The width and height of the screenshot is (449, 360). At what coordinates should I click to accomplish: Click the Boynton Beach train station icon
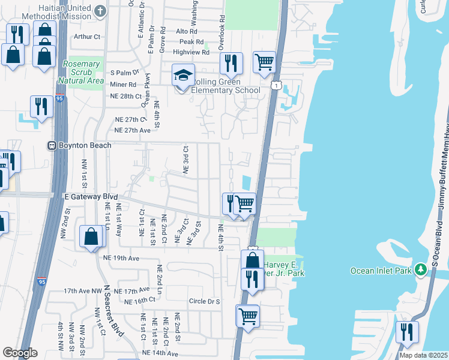point(52,145)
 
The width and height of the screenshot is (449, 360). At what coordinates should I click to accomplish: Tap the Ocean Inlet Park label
point(381,271)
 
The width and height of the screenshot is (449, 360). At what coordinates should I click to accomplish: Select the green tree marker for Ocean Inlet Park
point(423,270)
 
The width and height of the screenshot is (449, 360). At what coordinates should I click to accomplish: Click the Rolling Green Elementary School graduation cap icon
point(184,76)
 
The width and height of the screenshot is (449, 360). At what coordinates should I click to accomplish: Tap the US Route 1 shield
point(276,86)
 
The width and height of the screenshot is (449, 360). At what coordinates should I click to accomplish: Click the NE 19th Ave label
point(121,258)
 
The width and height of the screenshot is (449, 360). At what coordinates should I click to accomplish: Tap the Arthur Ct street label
point(86,37)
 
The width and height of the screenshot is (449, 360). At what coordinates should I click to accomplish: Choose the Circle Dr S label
point(205,301)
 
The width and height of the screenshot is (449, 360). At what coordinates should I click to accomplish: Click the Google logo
point(19,353)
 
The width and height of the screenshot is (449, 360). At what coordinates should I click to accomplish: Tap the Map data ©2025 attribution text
point(423,355)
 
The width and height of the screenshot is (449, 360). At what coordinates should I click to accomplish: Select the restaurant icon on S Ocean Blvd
point(408,332)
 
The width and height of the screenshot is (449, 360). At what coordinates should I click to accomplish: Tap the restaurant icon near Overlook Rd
point(231,63)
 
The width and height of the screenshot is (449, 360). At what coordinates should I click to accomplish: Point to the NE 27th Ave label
point(132,130)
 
